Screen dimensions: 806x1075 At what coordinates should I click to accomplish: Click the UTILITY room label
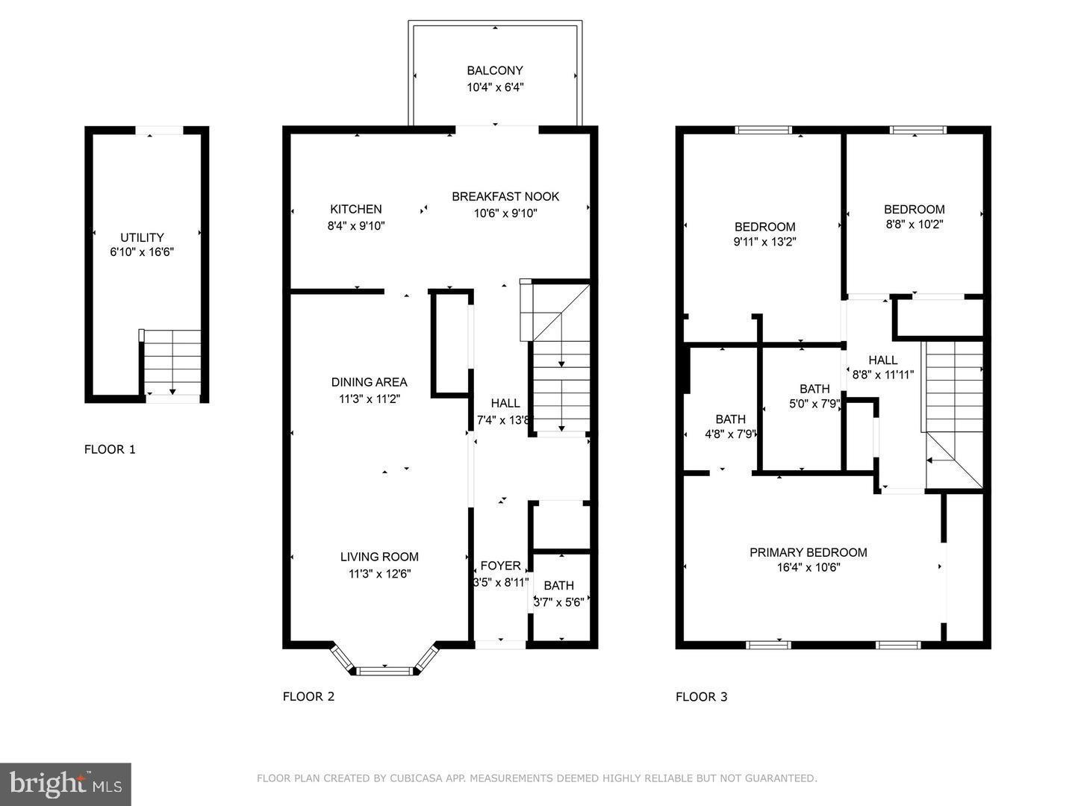[142, 237]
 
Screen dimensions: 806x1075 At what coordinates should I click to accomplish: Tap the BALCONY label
[495, 71]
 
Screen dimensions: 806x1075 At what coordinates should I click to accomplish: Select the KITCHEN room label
[356, 210]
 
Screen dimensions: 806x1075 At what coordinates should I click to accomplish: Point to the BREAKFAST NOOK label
[505, 197]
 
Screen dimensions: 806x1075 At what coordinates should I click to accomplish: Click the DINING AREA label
[370, 383]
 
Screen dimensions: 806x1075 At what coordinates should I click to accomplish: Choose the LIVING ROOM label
[379, 557]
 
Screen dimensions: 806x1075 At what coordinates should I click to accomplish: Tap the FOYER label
[500, 566]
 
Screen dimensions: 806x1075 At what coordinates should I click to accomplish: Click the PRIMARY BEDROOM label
[808, 552]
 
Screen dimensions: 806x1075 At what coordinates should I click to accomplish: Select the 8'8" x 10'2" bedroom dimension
[914, 224]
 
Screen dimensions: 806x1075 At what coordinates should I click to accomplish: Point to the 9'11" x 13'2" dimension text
[765, 242]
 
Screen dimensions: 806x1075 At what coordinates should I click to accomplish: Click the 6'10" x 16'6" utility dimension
[142, 252]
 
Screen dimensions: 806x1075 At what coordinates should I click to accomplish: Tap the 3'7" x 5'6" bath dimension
[558, 602]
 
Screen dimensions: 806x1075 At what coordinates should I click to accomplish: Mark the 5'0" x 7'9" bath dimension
[814, 404]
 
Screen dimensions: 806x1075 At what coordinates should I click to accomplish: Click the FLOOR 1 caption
[110, 449]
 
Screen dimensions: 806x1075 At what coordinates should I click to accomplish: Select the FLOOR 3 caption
[701, 697]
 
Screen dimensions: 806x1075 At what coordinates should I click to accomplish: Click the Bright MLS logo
[66, 784]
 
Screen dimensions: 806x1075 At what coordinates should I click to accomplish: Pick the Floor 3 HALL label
[883, 360]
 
